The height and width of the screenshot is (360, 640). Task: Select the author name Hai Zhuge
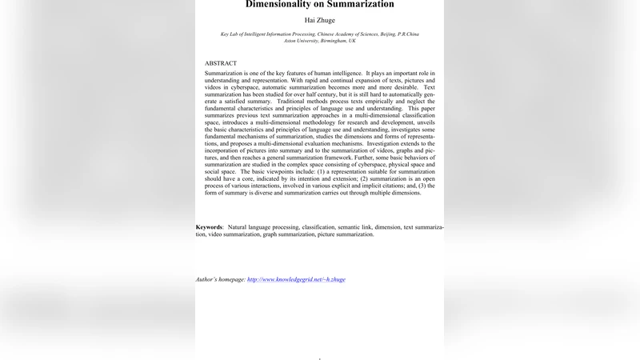tap(319, 19)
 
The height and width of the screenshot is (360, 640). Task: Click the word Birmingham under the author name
tap(332, 41)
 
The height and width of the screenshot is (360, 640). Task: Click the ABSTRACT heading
tap(221, 63)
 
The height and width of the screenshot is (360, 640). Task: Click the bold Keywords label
tap(210, 227)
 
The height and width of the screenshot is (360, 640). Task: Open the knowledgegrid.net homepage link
tap(296, 279)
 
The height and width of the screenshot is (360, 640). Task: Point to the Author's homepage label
tap(221, 279)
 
